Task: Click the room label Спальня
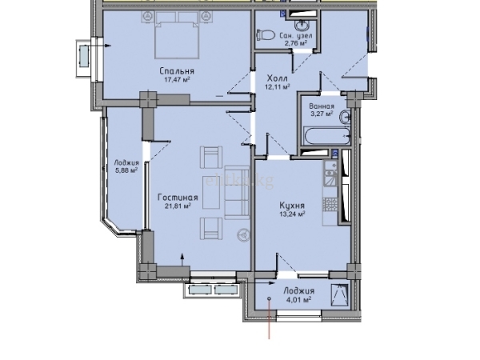(177, 71)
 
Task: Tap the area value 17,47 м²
(178, 80)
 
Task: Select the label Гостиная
(178, 198)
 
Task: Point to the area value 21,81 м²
(178, 206)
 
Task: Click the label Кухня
(292, 206)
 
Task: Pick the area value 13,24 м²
(292, 214)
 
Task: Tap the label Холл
(278, 78)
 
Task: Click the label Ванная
(322, 106)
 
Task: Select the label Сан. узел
(296, 36)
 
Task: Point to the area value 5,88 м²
(126, 170)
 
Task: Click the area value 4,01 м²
(298, 299)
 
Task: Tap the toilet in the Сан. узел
(266, 34)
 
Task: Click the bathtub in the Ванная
(326, 137)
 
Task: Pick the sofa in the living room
(238, 193)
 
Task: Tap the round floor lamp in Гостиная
(244, 235)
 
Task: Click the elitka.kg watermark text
(240, 182)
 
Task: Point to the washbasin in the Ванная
(346, 117)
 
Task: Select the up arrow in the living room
(182, 261)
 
